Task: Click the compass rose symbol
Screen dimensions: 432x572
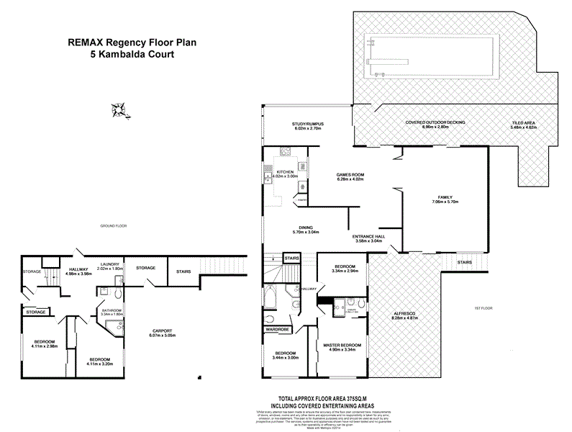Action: coord(119,109)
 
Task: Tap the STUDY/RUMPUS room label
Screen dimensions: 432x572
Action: coord(308,123)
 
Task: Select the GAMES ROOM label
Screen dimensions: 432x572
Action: coord(353,175)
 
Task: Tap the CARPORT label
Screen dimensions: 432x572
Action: coord(161,332)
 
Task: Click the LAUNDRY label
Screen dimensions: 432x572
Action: coord(110,264)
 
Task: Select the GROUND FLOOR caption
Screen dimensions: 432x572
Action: coord(114,226)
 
